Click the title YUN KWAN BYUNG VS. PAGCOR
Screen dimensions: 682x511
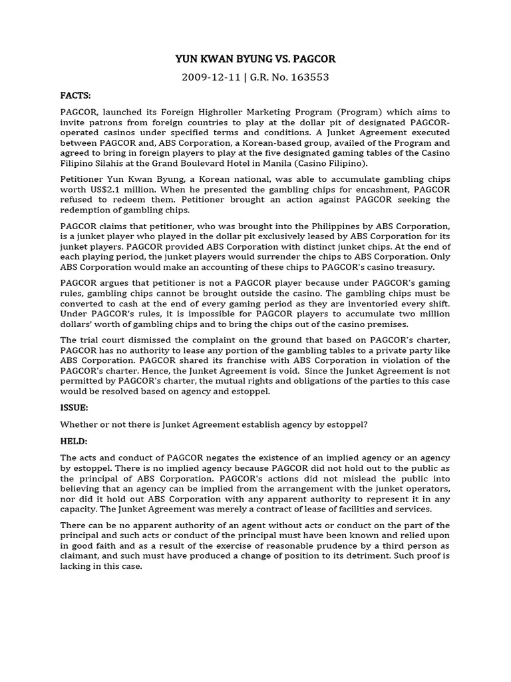pyautogui.click(x=255, y=59)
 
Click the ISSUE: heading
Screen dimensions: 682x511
pyautogui.click(x=74, y=407)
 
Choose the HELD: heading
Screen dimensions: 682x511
pyautogui.click(x=74, y=442)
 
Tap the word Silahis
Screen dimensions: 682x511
pyautogui.click(x=138, y=164)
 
